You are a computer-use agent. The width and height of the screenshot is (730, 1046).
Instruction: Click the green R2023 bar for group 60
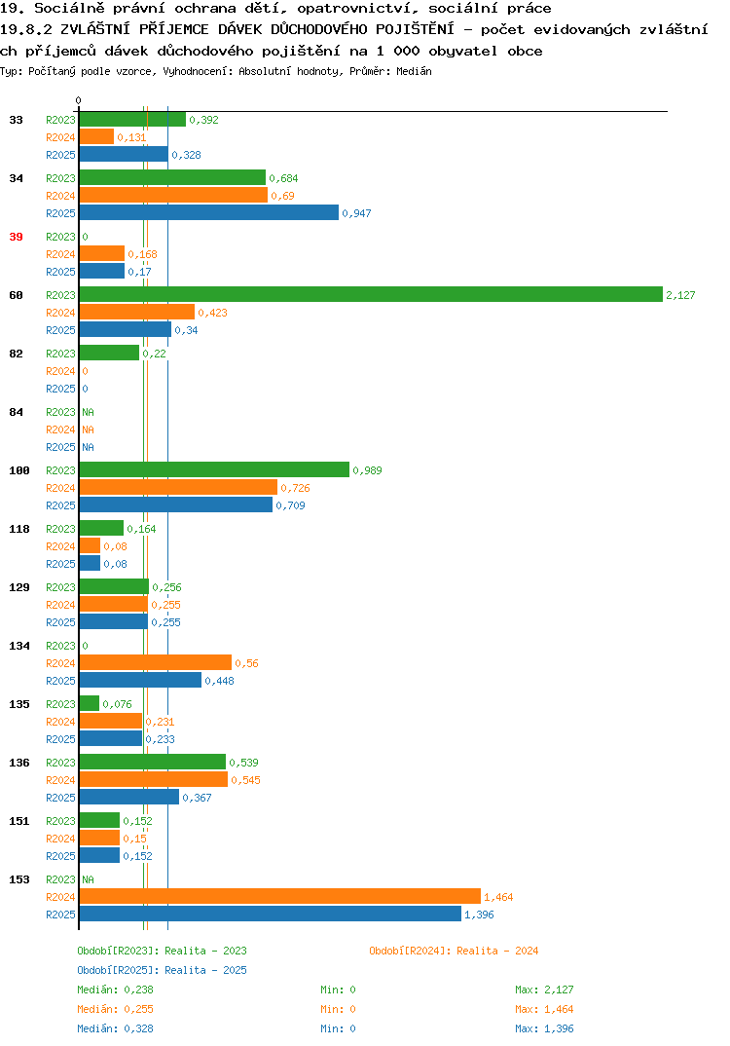[x=372, y=294]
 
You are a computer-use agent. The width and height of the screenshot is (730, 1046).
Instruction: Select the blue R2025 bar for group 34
[x=209, y=212]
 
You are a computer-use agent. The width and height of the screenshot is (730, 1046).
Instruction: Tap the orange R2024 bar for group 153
[x=280, y=897]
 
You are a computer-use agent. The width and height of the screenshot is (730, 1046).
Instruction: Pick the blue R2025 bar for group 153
[x=271, y=914]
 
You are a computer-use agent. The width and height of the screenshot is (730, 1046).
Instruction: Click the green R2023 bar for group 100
[x=215, y=469]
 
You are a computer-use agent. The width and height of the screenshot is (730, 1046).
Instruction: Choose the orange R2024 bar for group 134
[x=156, y=662]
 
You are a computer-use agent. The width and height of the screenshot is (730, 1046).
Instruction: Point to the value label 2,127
[x=680, y=295]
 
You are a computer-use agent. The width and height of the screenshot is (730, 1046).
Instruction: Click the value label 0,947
[x=356, y=213]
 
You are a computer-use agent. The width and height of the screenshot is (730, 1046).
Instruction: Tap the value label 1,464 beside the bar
[x=498, y=897]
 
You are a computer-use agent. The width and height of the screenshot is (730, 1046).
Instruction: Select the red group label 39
[x=16, y=237]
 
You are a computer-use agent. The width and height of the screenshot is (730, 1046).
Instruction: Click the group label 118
[x=19, y=529]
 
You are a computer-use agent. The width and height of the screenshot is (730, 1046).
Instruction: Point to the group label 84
[x=16, y=412]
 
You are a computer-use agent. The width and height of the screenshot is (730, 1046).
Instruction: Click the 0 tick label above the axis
[x=78, y=100]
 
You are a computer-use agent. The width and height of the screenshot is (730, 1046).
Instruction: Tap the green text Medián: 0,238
[x=115, y=990]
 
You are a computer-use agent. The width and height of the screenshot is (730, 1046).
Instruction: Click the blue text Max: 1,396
[x=544, y=1028]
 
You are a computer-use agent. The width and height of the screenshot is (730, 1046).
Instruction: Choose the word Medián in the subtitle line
[x=414, y=71]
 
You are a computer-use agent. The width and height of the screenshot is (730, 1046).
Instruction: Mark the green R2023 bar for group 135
[x=90, y=703]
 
